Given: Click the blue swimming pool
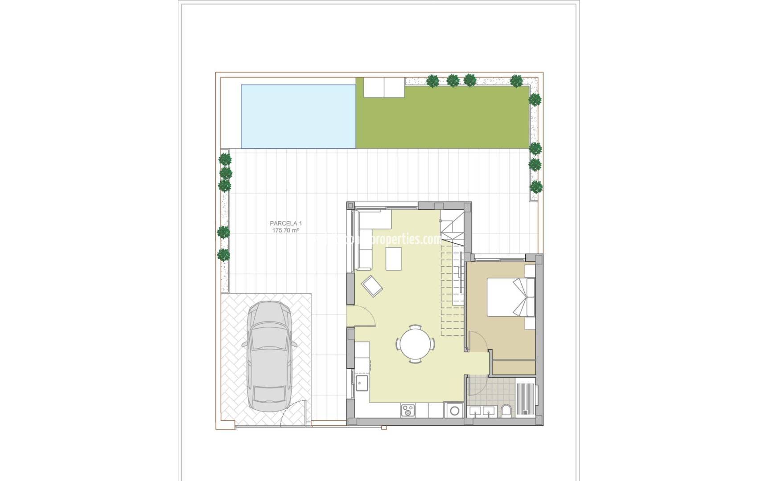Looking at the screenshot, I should pyautogui.click(x=298, y=116).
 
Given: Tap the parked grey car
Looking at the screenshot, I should pyautogui.click(x=269, y=356).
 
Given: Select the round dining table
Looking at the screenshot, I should pyautogui.click(x=415, y=344).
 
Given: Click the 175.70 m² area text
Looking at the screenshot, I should pyautogui.click(x=285, y=231).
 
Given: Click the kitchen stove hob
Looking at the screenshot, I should pyautogui.click(x=407, y=410).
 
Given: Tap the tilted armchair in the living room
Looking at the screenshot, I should pyautogui.click(x=372, y=285).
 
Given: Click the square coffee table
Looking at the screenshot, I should pyautogui.click(x=393, y=259).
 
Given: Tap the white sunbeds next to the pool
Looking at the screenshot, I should pyautogui.click(x=384, y=87).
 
